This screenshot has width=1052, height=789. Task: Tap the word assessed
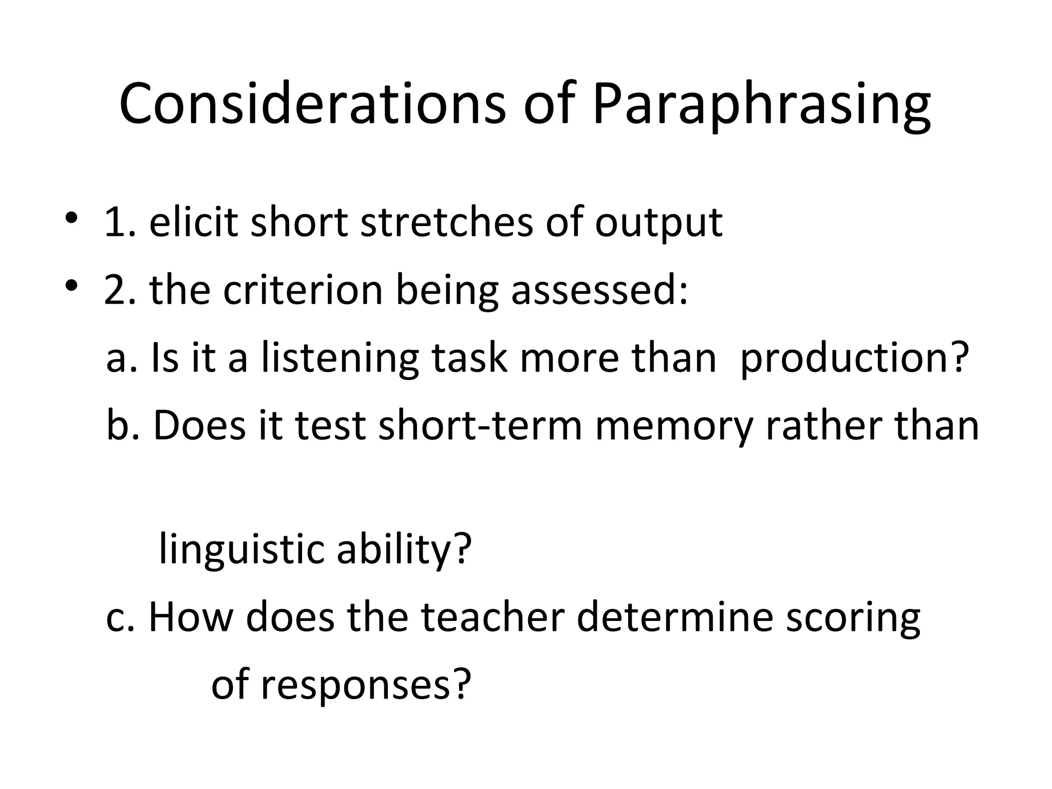click(x=599, y=290)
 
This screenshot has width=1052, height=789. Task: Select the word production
click(x=854, y=358)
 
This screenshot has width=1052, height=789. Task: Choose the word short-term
click(x=480, y=426)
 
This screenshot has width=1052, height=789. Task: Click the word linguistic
click(x=240, y=550)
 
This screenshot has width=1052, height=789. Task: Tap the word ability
click(x=404, y=550)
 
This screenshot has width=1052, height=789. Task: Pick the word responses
click(x=365, y=686)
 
